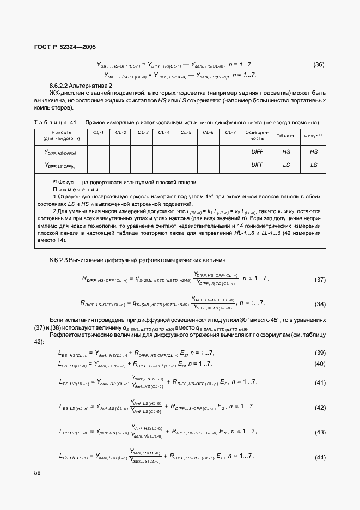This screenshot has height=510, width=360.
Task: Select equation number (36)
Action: [x=319, y=65]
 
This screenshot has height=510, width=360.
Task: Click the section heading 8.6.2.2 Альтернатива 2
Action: [x=81, y=86]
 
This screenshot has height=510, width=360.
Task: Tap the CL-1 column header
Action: [x=99, y=132]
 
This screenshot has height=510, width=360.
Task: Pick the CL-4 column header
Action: [x=164, y=132]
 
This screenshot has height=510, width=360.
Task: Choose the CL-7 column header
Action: [x=230, y=132]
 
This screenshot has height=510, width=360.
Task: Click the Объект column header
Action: [x=286, y=136]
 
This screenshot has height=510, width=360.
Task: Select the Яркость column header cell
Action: [x=60, y=136]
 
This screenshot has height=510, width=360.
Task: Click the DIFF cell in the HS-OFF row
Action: [x=257, y=152]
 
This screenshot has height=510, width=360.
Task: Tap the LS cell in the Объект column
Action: [x=286, y=165]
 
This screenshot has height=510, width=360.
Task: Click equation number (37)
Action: [x=320, y=280]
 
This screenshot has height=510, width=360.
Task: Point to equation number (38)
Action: [x=320, y=304]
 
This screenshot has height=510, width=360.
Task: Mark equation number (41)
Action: [x=320, y=382]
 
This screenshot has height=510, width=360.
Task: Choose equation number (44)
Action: [x=320, y=457]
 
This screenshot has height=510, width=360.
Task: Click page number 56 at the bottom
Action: [x=38, y=473]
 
